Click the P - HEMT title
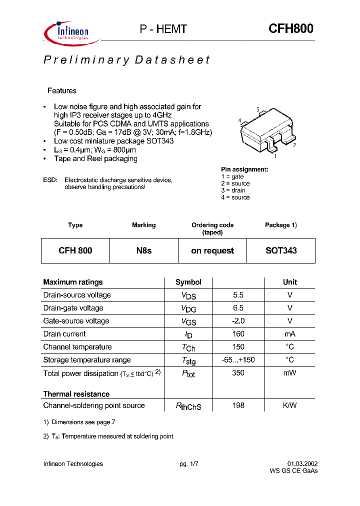162,29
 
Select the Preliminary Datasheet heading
126,60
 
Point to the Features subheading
62,90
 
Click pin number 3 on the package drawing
257,109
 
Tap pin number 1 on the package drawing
276,155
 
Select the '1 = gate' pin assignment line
232,176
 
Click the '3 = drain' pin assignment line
233,190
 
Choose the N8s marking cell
143,250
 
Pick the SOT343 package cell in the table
281,250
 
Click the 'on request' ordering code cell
212,250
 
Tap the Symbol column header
188,282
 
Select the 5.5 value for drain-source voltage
238,295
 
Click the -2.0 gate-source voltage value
238,321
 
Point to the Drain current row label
64,334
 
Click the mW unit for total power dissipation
289,373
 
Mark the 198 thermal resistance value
238,405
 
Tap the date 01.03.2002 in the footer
302,463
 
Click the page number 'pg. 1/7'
189,463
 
